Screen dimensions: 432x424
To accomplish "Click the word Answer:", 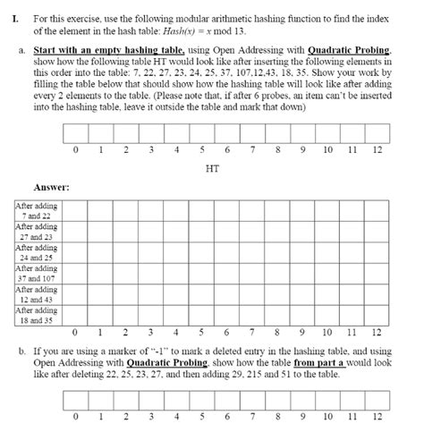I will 51,188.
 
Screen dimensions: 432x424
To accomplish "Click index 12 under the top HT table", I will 377,148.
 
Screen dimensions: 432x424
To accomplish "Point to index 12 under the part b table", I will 377,416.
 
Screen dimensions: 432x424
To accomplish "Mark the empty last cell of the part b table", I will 377,399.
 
